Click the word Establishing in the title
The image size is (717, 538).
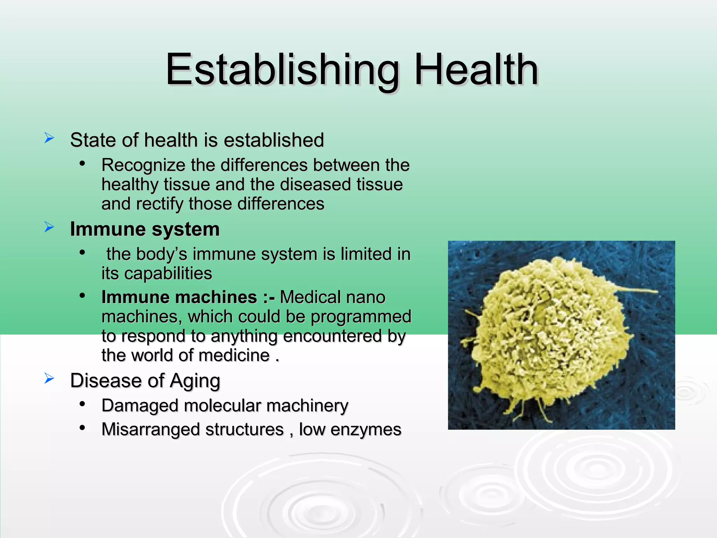282,70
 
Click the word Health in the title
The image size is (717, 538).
476,70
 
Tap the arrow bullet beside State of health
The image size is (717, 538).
49,138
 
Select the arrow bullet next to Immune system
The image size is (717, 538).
49,227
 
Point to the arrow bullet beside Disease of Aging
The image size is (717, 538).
49,379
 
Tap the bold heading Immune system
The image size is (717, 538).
145,229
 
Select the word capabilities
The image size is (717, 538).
168,274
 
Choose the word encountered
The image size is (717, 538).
332,336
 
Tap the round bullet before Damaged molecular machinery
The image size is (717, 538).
82,404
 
